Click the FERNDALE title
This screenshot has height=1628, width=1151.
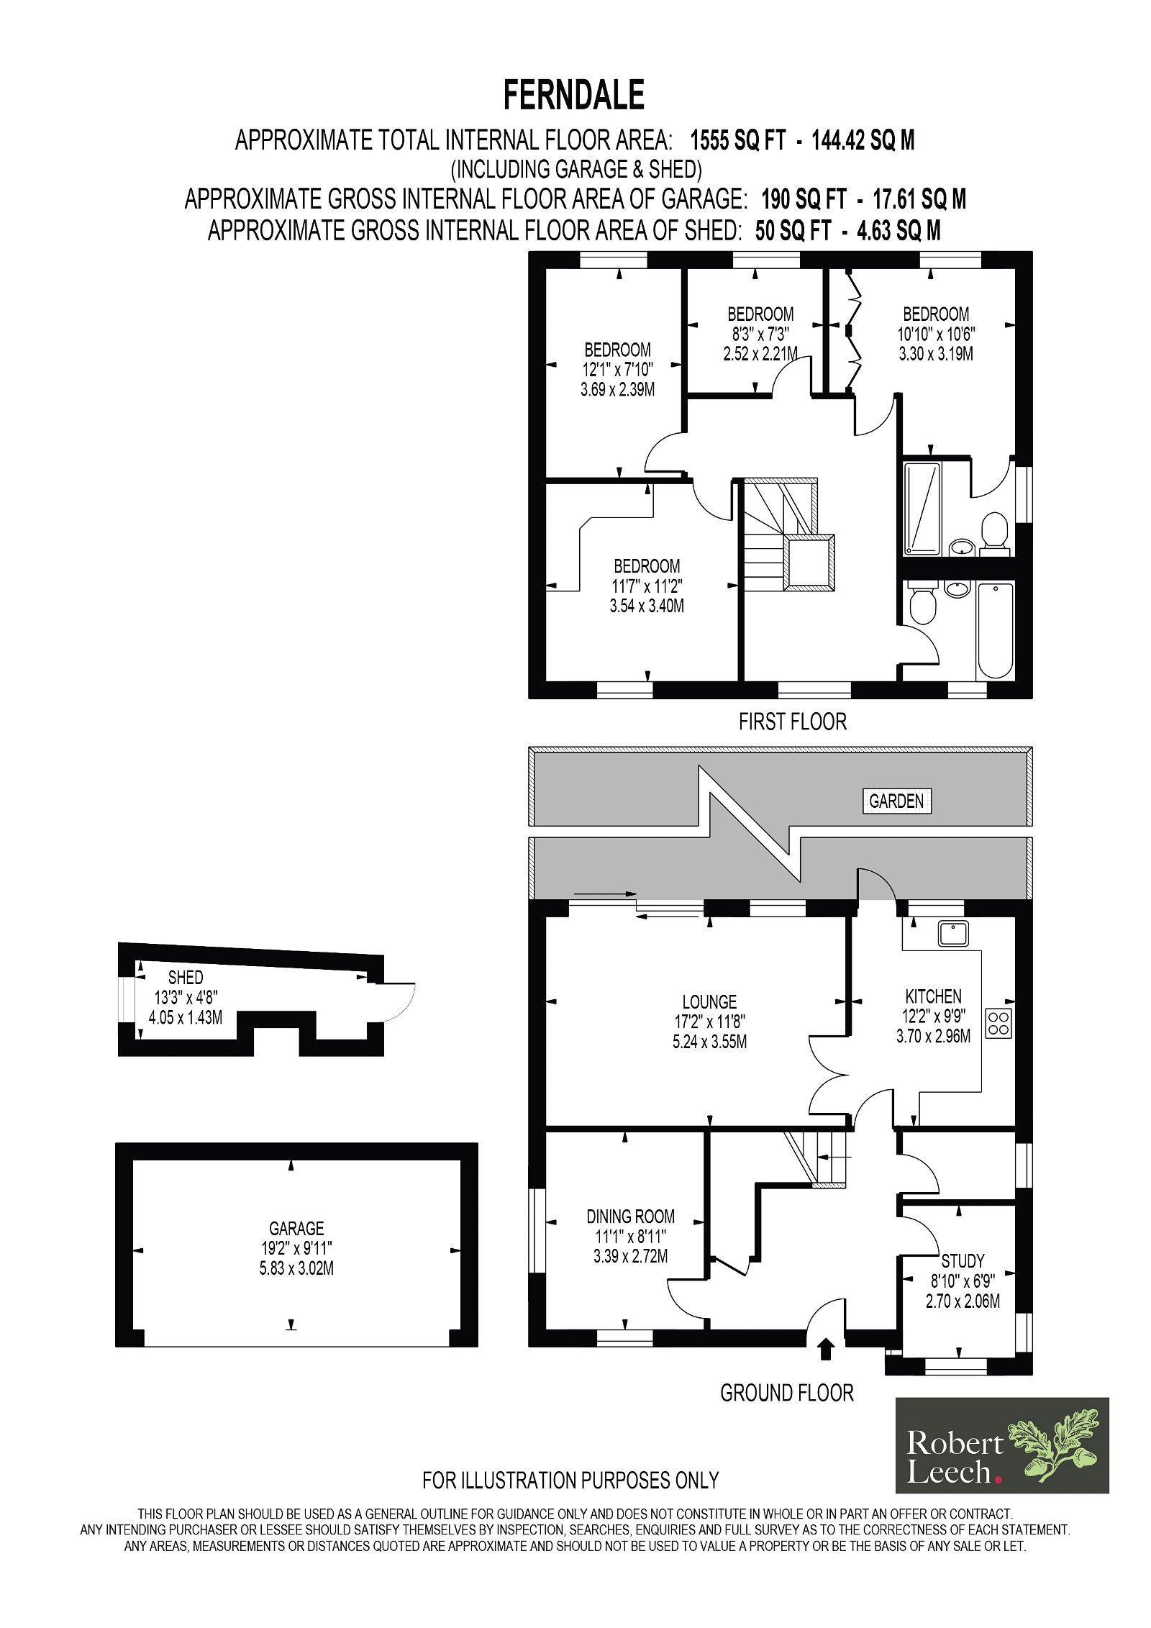tap(573, 95)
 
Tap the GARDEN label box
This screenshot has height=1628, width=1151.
tap(896, 801)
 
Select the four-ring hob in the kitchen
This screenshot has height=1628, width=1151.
tap(998, 1023)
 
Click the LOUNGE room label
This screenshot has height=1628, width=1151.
tap(709, 1002)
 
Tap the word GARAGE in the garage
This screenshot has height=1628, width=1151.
tap(296, 1228)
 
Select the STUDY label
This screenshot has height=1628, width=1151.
tap(963, 1260)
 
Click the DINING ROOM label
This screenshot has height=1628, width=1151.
tap(631, 1217)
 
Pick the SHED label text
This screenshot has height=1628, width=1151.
tap(186, 977)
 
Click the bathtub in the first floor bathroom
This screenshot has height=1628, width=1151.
tap(995, 630)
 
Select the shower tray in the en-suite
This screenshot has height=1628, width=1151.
tap(922, 509)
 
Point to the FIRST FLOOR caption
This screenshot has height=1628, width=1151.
tap(792, 722)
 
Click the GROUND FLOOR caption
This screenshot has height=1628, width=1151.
tap(787, 1393)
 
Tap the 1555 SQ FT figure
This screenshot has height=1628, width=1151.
tap(738, 140)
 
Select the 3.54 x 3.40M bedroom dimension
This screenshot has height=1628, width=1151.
tap(647, 606)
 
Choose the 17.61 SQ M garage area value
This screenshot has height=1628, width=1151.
tap(919, 199)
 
